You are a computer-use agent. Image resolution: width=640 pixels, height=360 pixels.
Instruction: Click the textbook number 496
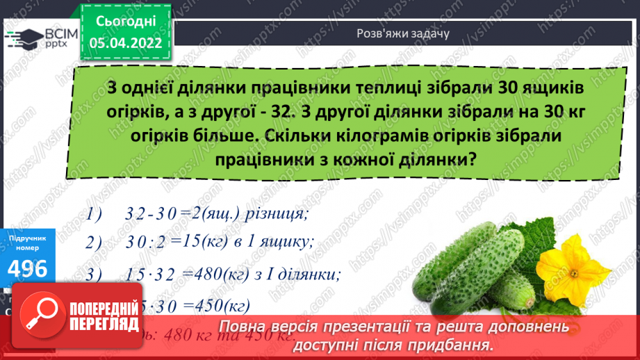coord(28,268)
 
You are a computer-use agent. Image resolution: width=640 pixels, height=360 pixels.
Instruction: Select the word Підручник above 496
coord(28,238)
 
